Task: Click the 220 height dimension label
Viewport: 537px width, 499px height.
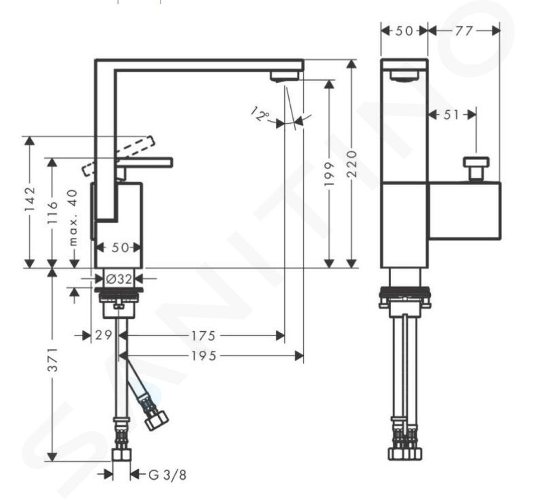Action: point(352,163)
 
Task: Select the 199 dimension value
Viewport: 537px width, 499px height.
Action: point(329,175)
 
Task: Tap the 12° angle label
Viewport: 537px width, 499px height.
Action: point(260,114)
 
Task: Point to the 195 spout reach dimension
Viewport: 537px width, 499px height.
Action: point(204,356)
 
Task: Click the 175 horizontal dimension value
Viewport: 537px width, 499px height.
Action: point(204,336)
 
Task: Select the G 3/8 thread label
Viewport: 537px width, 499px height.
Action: point(168,475)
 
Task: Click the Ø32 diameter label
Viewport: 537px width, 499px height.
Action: point(119,279)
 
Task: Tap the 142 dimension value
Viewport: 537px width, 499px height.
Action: point(30,199)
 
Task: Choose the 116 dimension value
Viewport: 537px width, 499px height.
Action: point(53,213)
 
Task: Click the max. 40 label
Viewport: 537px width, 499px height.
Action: point(74,218)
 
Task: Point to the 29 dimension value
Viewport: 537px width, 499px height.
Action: point(103,335)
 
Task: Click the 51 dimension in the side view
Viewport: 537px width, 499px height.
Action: point(451,114)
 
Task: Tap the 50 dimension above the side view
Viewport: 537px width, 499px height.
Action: point(404,31)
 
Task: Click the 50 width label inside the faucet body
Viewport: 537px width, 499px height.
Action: point(120,247)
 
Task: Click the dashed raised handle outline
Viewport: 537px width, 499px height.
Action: point(118,156)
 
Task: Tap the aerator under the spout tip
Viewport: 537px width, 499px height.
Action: point(284,76)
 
